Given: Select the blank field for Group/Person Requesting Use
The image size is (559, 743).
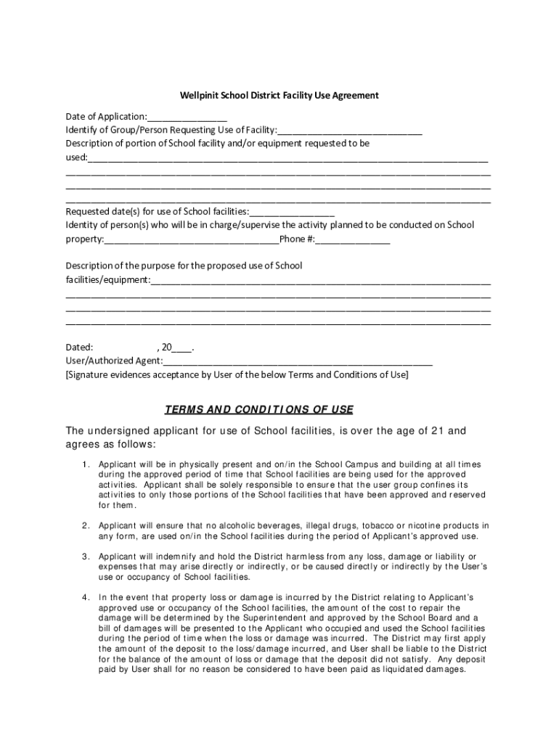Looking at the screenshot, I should (x=349, y=131).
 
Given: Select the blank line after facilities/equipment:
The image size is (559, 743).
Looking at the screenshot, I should (x=320, y=280).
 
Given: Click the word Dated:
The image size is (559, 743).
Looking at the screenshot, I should (x=79, y=348).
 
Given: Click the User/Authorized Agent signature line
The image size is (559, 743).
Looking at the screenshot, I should (x=298, y=361).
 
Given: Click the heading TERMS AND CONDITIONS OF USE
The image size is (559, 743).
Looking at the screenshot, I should (x=259, y=409).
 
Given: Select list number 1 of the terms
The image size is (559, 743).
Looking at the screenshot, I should (x=86, y=464).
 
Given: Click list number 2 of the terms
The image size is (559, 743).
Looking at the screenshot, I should (x=86, y=525).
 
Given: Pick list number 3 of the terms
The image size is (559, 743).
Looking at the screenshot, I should (x=86, y=556).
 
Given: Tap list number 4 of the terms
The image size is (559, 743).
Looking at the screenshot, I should (x=86, y=597).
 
